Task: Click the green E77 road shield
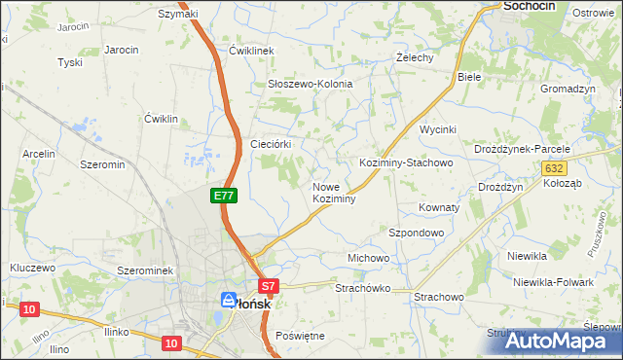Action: click(x=224, y=196)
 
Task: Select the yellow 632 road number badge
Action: click(x=553, y=168)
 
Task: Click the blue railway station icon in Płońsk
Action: click(x=229, y=301)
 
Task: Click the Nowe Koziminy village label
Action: click(x=333, y=193)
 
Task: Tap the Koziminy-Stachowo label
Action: click(x=406, y=163)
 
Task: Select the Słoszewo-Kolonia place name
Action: click(x=310, y=84)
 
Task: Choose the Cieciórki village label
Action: click(x=278, y=143)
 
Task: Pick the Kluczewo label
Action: click(x=33, y=267)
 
